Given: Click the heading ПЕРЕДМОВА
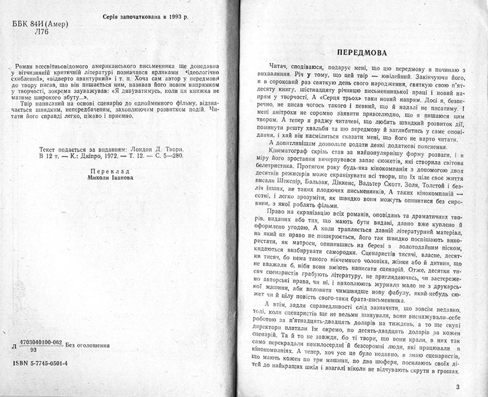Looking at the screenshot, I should [x=362, y=49].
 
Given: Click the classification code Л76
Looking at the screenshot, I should [x=26, y=32].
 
